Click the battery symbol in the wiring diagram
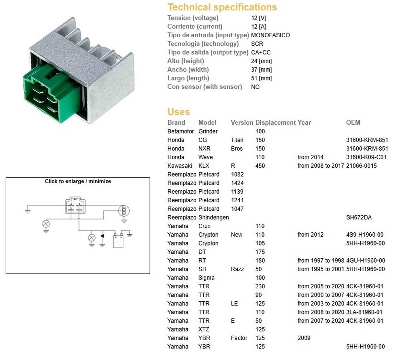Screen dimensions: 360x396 pyautogui.click(x=118, y=241)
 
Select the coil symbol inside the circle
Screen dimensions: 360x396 pyautogui.click(x=124, y=211)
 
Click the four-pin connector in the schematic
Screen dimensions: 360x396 pyautogui.click(x=75, y=206)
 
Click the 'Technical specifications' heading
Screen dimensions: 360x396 pyautogui.click(x=222, y=7)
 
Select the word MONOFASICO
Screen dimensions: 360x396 pyautogui.click(x=270, y=35)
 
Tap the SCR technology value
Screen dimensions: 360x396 pyautogui.click(x=257, y=44)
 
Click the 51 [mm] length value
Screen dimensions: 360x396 pyautogui.click(x=261, y=78)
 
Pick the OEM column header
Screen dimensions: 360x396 pyautogui.click(x=353, y=122)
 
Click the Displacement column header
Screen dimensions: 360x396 pyautogui.click(x=276, y=122)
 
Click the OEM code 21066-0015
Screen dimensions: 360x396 pyautogui.click(x=361, y=166)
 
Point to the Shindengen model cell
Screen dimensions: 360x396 pyautogui.click(x=214, y=217)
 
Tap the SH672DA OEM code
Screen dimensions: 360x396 pyautogui.click(x=359, y=217)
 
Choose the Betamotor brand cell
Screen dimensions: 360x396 pyautogui.click(x=181, y=131)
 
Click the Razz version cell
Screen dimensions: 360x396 pyautogui.click(x=237, y=269)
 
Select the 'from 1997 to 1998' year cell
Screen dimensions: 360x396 pyautogui.click(x=321, y=260)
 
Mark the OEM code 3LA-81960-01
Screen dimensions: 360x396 pyautogui.click(x=364, y=312)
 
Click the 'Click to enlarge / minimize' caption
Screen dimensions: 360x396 pyautogui.click(x=78, y=181)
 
